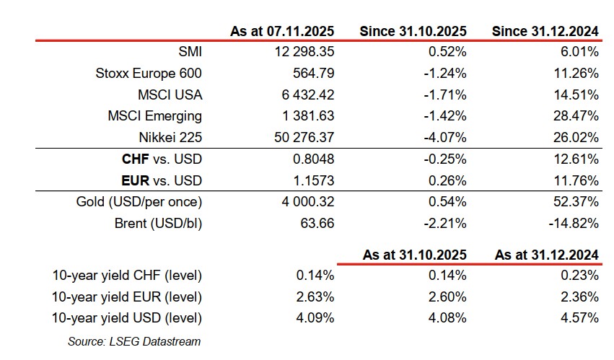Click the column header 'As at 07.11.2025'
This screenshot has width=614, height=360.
[x=282, y=31]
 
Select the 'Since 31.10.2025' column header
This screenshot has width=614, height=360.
[x=413, y=31]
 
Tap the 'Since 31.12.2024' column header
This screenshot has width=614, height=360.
[x=545, y=31]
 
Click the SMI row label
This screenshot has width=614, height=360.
[x=190, y=52]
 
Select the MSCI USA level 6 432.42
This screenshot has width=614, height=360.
[x=307, y=95]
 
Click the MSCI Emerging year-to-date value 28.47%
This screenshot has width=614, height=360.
[x=576, y=116]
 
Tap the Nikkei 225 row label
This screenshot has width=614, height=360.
[x=170, y=138]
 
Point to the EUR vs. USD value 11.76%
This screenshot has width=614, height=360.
[x=576, y=180]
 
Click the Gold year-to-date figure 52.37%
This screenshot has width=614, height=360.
[x=576, y=202]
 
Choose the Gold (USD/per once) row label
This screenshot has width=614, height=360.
[x=139, y=202]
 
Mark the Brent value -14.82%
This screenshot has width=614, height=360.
[x=573, y=224]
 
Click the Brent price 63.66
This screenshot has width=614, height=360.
[x=317, y=224]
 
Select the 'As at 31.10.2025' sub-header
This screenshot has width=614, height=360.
[x=414, y=255]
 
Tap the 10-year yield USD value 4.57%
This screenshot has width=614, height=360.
[x=579, y=317]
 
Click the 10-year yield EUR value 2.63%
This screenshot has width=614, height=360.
[x=315, y=297]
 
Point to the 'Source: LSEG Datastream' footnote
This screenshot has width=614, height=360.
[x=134, y=341]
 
